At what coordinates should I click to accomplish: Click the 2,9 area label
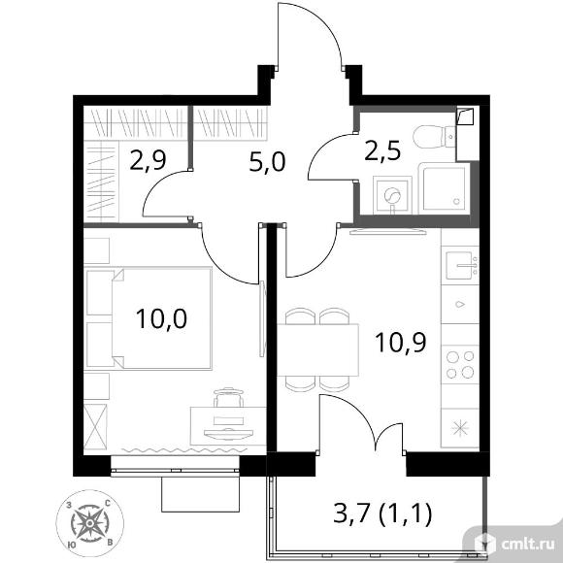pos(148,160)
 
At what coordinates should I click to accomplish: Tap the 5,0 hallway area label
pos(267,162)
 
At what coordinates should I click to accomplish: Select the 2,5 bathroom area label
pos(382,150)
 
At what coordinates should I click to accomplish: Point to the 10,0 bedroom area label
pos(161,318)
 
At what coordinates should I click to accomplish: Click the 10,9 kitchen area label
pos(400,343)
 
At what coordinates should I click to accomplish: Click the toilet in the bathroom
pos(434,137)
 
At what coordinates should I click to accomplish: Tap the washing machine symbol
pos(392,195)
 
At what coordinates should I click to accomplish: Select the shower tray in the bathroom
pos(445,188)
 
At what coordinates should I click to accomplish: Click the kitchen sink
pos(461,266)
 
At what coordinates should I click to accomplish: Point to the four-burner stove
pos(460,364)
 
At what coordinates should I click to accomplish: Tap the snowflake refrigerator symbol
pos(461,428)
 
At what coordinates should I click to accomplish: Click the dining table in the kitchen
pos(317,349)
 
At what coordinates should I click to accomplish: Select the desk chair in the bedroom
pos(228,396)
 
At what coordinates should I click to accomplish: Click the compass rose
pos(89,523)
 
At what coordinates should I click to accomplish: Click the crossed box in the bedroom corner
pos(95,426)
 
